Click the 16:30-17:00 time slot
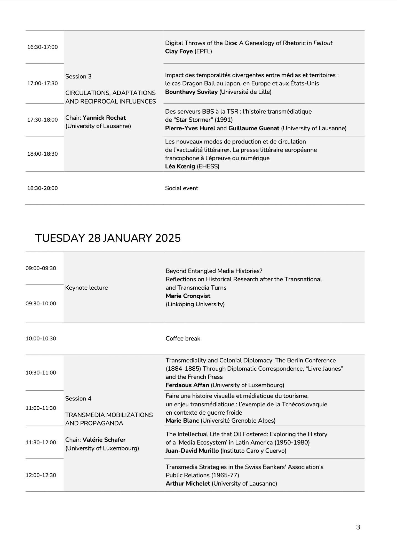(42, 47)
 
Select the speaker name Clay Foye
(179, 52)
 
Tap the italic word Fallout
(323, 43)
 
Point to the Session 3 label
(78, 77)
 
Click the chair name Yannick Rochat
(104, 118)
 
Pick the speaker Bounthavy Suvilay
(191, 92)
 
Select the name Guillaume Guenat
(254, 128)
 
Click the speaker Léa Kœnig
(180, 166)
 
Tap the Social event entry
(181, 188)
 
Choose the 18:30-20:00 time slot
(42, 188)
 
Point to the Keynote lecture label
(87, 288)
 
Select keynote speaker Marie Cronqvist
(188, 296)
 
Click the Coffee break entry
(183, 339)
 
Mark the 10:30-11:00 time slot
(41, 373)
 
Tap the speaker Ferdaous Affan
(187, 385)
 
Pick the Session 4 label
(78, 399)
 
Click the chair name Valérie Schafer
(104, 440)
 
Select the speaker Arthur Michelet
(188, 484)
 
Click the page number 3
(358, 527)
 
